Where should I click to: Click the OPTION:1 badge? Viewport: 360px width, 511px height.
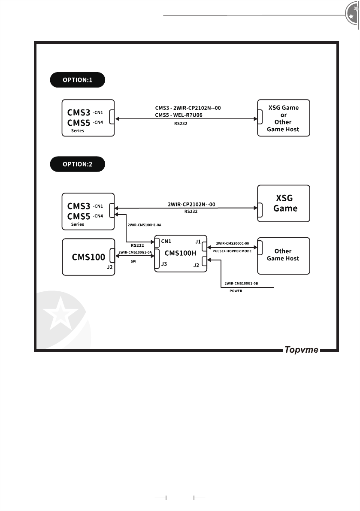[78, 80]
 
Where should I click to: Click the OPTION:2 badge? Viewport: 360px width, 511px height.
[78, 164]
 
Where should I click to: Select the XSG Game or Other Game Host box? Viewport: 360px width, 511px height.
[284, 118]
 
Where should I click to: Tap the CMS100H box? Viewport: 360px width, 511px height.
[181, 254]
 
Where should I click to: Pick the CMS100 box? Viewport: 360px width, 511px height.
[88, 257]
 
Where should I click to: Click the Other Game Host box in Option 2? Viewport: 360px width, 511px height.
[284, 256]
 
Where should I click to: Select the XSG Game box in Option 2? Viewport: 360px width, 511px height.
[284, 203]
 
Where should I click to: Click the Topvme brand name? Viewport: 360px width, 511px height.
[301, 350]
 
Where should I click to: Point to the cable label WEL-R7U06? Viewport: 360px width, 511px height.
[188, 115]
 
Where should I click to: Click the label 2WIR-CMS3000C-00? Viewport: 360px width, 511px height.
[232, 243]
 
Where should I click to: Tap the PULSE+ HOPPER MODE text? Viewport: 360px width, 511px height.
[232, 251]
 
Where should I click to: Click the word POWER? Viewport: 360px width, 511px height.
[236, 291]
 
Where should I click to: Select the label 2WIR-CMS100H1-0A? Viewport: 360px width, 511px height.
[144, 225]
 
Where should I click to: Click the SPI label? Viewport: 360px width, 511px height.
[133, 261]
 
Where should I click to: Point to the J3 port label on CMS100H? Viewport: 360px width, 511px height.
[164, 264]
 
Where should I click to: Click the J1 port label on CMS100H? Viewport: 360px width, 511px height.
[198, 242]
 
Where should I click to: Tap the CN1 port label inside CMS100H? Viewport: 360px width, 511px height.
[166, 242]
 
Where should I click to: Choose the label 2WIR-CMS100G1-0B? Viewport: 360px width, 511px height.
[241, 284]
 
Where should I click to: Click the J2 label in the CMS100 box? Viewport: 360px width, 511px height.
[110, 267]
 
